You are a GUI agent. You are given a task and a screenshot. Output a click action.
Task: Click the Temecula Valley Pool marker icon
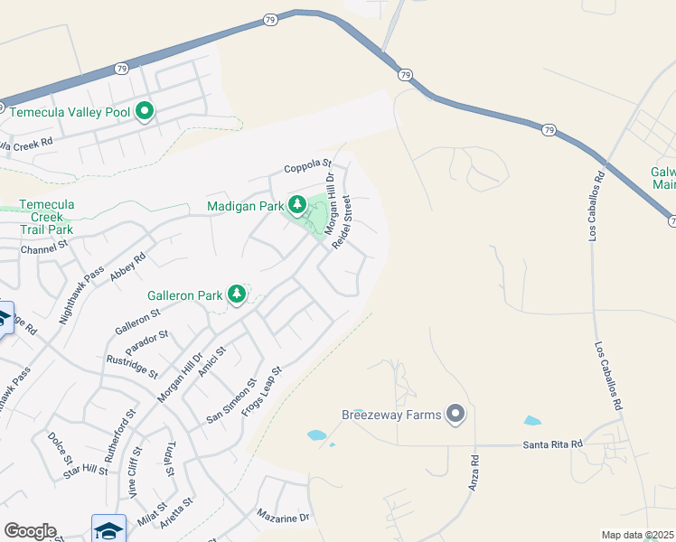point(145,112)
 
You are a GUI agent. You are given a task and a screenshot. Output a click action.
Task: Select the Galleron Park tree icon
point(237,294)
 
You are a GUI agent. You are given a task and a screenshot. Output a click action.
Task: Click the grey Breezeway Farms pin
point(455,415)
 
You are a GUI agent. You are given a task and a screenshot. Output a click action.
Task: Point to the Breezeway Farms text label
point(391,416)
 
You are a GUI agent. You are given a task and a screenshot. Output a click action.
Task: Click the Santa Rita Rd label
point(552,445)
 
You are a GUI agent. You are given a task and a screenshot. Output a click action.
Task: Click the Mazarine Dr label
point(283,518)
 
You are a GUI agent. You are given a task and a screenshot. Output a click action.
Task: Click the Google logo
point(30,531)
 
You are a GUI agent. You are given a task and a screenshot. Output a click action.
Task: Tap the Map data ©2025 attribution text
point(638,535)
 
